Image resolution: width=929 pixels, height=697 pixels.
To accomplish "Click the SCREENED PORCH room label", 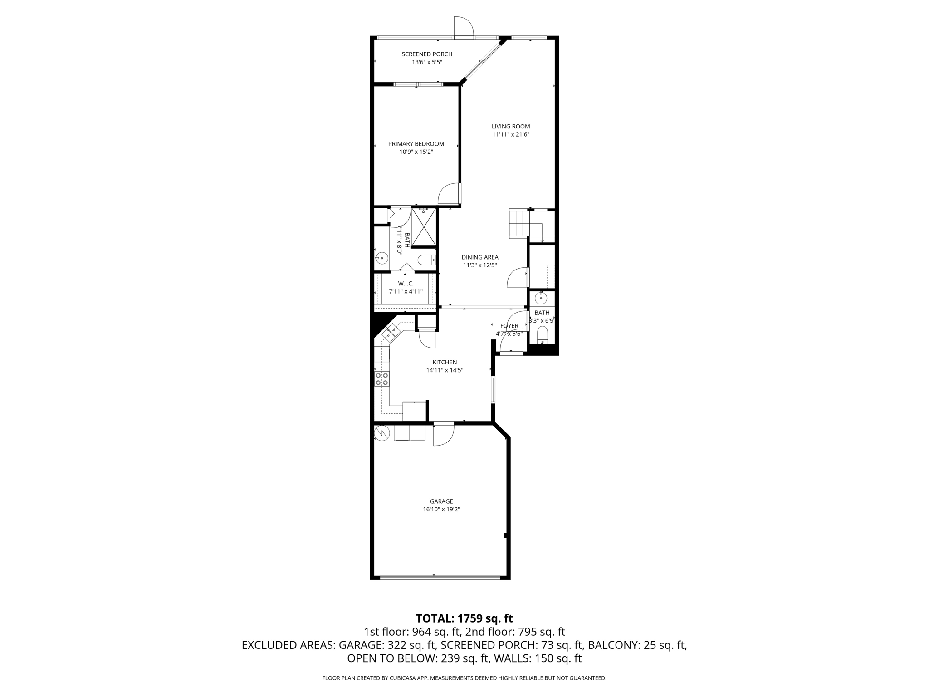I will coord(427,54).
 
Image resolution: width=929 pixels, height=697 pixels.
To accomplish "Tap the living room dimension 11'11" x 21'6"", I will coord(511,134).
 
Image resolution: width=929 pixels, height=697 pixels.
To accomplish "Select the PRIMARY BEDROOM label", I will coord(416,144).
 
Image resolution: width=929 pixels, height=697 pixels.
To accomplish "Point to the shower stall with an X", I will coord(424,227).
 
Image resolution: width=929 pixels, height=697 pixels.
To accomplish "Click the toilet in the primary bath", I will coord(425,260).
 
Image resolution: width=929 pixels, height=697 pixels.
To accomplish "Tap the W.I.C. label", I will coord(406,283).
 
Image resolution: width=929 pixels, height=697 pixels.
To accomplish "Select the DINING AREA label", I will coord(480,257).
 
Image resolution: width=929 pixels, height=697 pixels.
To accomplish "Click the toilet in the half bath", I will coord(542,336).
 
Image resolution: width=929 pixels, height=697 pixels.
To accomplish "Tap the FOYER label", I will coord(509,326).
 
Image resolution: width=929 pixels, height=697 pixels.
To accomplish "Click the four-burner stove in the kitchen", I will coord(381,379).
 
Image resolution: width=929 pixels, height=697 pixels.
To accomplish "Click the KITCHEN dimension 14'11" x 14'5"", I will coord(445,370).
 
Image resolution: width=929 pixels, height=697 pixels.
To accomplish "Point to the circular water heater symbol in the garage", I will coord(381,433).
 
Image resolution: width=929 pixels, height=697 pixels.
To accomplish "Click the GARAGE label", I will coord(441,501).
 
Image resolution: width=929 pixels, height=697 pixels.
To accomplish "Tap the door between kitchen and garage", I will coord(443,434).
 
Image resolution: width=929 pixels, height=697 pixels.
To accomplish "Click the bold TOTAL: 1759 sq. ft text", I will coord(464,618).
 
